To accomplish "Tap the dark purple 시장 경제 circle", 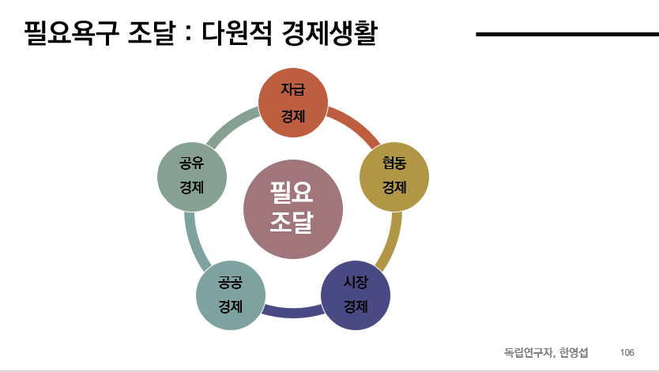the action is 356,294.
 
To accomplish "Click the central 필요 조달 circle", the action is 293,209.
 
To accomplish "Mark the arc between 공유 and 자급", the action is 234,126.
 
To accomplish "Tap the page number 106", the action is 627,351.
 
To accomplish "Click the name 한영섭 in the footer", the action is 573,351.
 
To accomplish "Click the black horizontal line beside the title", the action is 567,35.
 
